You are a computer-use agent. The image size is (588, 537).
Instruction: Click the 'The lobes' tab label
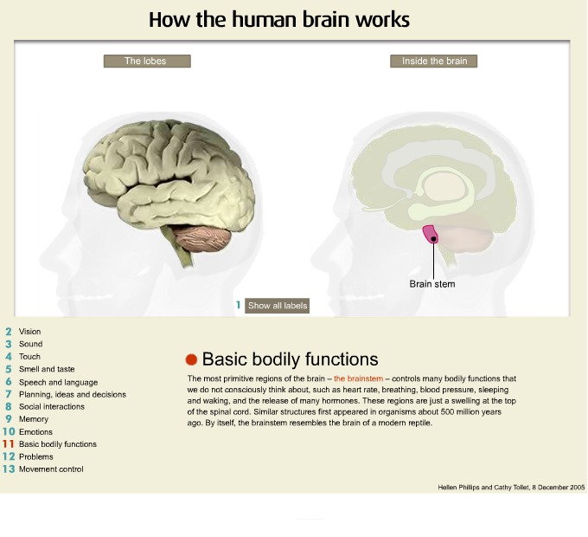(146, 61)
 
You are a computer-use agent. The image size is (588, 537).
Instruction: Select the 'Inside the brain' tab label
(433, 61)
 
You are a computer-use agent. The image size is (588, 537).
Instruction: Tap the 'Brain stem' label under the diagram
(431, 283)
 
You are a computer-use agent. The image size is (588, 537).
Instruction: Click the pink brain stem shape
(430, 234)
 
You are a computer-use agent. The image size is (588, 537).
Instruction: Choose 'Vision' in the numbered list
(29, 332)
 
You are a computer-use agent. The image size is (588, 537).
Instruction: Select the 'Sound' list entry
(30, 344)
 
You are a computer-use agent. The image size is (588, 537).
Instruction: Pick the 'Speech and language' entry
(58, 382)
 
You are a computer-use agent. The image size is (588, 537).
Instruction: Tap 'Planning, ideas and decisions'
(72, 394)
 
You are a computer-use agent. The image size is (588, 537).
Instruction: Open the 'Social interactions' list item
(51, 406)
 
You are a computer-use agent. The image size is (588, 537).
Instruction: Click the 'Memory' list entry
(33, 419)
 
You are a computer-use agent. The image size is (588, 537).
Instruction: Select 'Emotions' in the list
(35, 432)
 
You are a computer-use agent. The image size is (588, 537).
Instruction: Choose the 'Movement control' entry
(51, 469)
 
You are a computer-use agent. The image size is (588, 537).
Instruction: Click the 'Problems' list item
(35, 456)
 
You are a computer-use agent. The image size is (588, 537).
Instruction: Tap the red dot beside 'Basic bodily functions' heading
(191, 359)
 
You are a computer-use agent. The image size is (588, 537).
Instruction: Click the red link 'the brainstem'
(358, 378)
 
